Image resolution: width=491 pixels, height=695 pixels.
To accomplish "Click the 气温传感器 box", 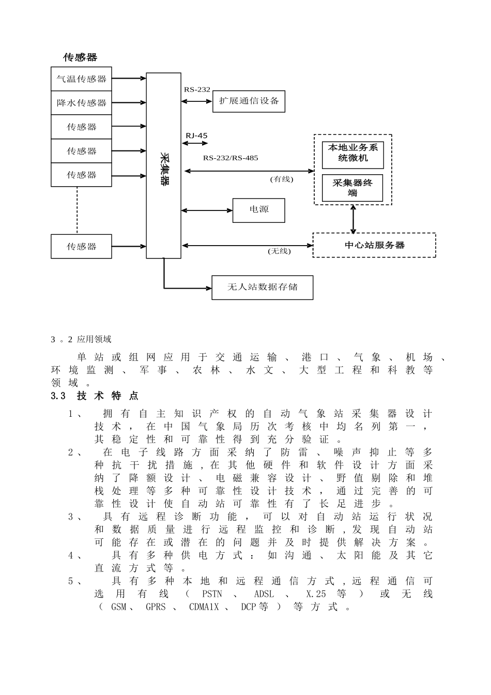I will [x=81, y=79].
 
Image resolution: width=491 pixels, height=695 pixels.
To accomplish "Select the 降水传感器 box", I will [x=81, y=103].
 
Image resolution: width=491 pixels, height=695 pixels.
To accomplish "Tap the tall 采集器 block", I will [x=163, y=165].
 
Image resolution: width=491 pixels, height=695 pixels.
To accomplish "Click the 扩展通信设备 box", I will [x=249, y=101].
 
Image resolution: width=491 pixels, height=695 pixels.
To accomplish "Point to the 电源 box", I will [x=258, y=210].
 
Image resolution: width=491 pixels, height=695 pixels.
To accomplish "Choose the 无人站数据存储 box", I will [x=262, y=287].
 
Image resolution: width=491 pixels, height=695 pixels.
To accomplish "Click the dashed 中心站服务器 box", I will [x=374, y=245].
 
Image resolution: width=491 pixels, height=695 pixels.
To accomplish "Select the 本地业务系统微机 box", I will [x=352, y=153].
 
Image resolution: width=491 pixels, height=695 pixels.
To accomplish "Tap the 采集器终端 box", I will [x=352, y=188].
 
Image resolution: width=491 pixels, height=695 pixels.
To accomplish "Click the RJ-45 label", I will [x=196, y=136].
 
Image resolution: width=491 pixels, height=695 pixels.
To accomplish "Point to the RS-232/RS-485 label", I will [x=230, y=158].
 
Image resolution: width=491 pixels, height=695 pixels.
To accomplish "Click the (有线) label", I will [x=281, y=179].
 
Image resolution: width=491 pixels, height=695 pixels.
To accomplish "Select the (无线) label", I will [x=279, y=251].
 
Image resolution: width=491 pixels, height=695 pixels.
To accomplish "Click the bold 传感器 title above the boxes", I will [x=80, y=57].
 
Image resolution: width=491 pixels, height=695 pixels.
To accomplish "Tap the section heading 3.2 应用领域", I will [x=81, y=339].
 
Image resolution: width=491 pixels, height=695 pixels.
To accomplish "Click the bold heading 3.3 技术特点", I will [x=95, y=396].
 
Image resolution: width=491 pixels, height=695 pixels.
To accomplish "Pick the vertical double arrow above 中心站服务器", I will [x=354, y=219].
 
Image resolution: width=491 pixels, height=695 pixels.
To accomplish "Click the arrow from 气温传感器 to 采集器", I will [x=129, y=79].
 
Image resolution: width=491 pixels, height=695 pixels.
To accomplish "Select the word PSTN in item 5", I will [x=212, y=594].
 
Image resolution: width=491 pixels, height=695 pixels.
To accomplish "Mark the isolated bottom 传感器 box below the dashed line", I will [x=81, y=246].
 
